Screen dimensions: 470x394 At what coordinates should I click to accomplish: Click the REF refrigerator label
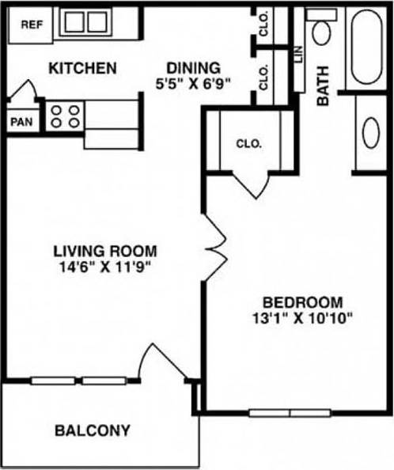[x=31, y=25]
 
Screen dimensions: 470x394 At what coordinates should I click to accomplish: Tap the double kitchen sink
[x=85, y=22]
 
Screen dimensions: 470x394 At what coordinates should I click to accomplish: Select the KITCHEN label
[x=83, y=68]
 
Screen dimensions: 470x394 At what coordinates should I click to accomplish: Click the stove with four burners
[x=64, y=116]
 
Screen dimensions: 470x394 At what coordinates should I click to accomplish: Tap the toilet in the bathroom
[x=321, y=31]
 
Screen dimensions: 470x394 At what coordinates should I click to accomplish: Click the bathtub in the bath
[x=369, y=47]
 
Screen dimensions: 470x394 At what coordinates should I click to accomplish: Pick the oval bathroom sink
[x=369, y=133]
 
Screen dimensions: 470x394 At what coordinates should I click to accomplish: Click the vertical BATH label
[x=324, y=86]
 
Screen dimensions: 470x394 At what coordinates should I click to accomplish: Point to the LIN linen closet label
[x=298, y=55]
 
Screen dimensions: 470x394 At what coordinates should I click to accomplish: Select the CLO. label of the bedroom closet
[x=248, y=144]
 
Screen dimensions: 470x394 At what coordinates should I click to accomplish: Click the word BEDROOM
[x=302, y=302]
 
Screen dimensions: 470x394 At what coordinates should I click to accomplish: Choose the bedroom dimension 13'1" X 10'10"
[x=302, y=319]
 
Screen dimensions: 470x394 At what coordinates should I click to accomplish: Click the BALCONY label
[x=93, y=431]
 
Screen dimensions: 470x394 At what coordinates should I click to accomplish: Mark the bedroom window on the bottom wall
[x=289, y=412]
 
